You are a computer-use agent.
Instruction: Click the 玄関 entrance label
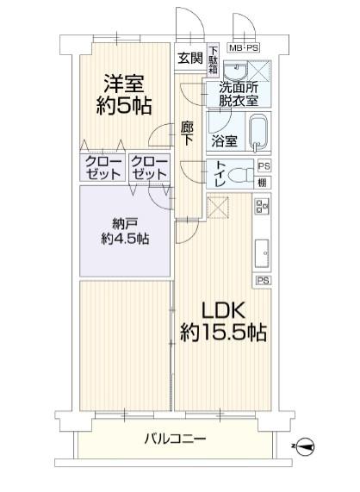190,58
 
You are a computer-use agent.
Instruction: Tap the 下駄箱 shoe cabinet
214,59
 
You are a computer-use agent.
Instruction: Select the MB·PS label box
244,48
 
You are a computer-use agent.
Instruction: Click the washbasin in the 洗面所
236,72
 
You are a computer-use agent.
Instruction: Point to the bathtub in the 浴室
258,133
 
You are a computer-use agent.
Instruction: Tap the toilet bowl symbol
241,174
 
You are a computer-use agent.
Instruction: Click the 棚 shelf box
264,183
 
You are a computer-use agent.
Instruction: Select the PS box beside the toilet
264,165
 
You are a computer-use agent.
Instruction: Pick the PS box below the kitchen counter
263,280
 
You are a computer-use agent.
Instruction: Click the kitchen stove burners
262,206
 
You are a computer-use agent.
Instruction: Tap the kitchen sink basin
262,253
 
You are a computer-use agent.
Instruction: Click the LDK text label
223,310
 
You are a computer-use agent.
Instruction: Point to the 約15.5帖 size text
223,333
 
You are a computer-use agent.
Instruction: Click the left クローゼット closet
102,167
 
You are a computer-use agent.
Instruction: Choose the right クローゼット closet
149,167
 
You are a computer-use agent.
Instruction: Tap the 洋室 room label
124,84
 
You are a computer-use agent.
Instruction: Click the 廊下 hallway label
187,134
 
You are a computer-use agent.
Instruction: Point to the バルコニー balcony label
175,439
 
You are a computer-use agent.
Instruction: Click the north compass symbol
304,445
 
